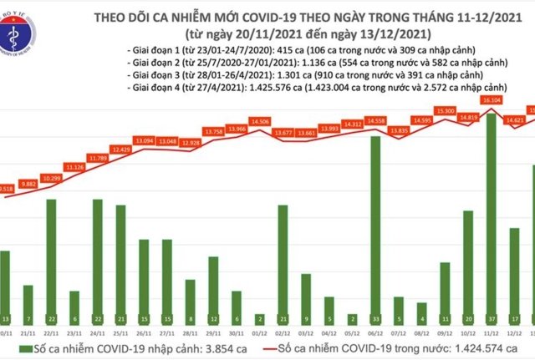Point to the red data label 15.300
coord(444,110)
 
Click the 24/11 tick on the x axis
coord(98,331)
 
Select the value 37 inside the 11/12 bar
coord(491,319)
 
